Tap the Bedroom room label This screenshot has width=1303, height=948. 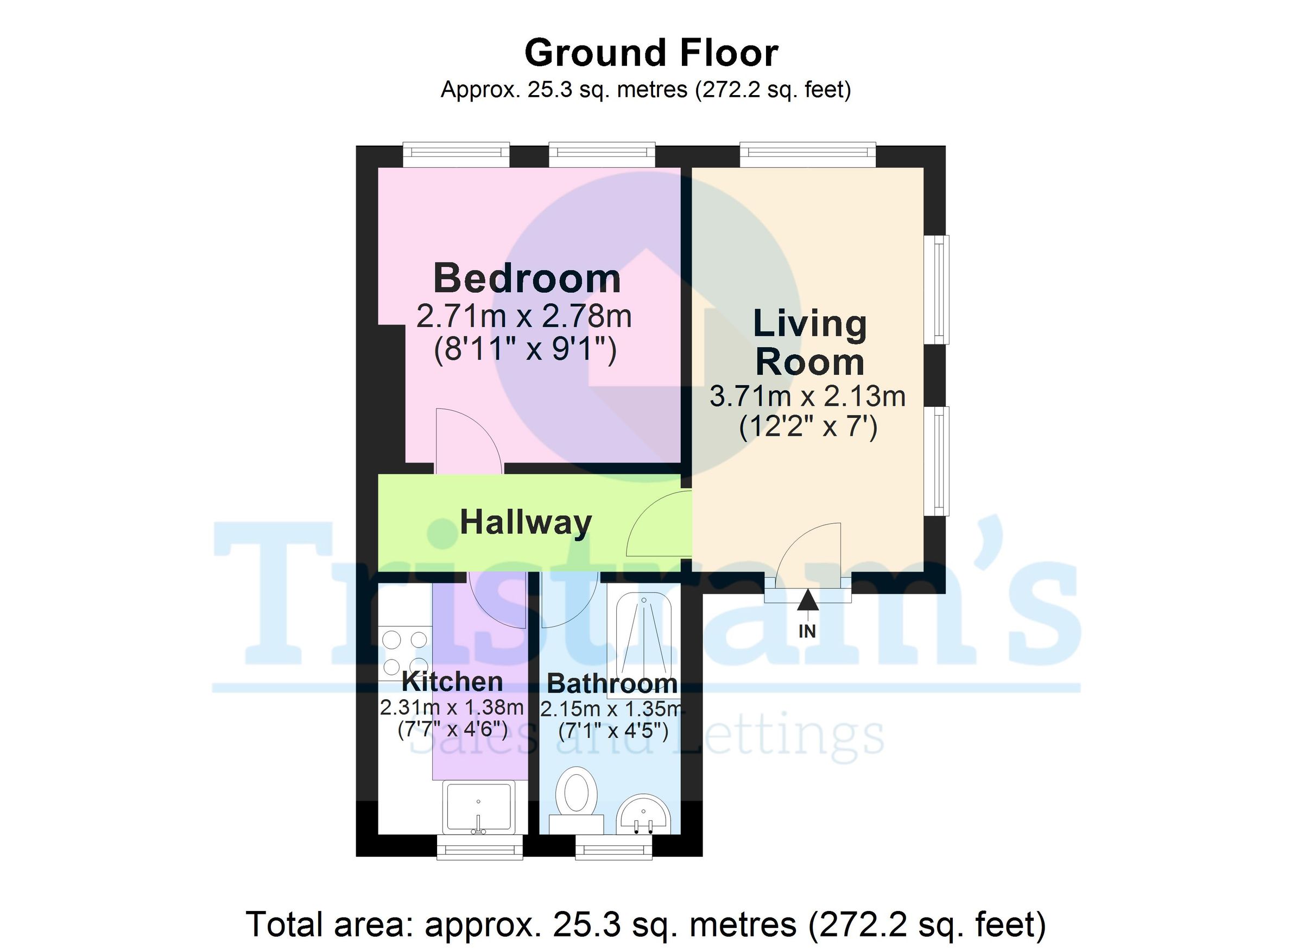(526, 278)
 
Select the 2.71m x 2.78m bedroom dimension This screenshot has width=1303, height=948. (523, 317)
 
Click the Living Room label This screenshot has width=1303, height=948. (809, 343)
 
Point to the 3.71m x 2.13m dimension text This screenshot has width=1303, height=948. (807, 396)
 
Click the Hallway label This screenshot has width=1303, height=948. (525, 523)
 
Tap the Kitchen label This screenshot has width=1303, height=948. (452, 682)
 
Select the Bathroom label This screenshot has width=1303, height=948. (612, 683)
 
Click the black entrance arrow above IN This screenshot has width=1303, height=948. (807, 600)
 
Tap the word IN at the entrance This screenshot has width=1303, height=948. (807, 631)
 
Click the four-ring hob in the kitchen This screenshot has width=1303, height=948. (404, 653)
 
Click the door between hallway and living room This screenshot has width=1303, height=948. (658, 523)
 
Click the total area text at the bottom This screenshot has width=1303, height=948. (646, 924)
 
